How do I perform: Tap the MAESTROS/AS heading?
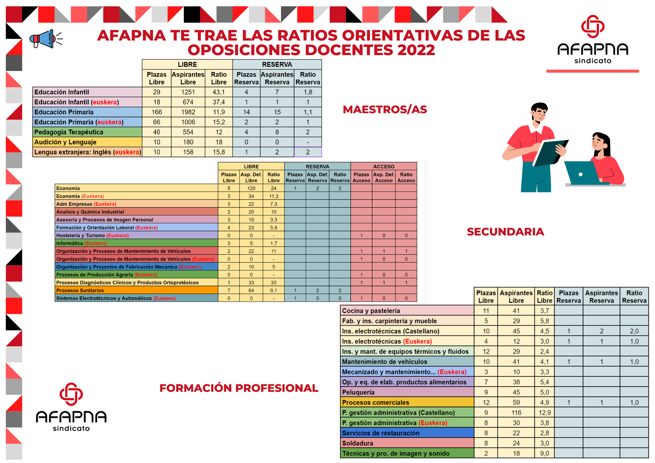point(385,109)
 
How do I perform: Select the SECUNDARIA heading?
point(505,232)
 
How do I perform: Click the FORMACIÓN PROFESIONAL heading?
point(239,388)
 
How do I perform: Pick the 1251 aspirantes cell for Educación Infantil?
point(188,92)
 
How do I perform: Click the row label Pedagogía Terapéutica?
point(69,132)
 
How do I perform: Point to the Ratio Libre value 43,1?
point(219,92)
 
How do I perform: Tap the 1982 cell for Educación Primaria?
point(188,112)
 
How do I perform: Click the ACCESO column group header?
point(384,166)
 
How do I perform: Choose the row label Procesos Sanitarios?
point(80,290)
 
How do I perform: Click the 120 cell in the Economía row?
point(251,188)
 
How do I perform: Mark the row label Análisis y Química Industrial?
point(90,212)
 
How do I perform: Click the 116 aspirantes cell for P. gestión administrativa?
point(516,413)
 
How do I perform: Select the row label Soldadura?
point(357,443)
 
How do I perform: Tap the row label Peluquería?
point(358,392)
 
